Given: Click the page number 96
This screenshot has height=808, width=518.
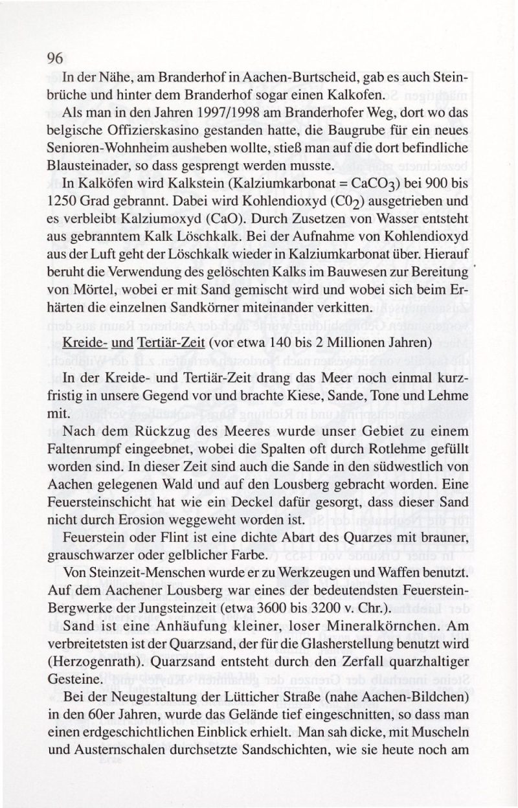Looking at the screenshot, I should tap(54, 58).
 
